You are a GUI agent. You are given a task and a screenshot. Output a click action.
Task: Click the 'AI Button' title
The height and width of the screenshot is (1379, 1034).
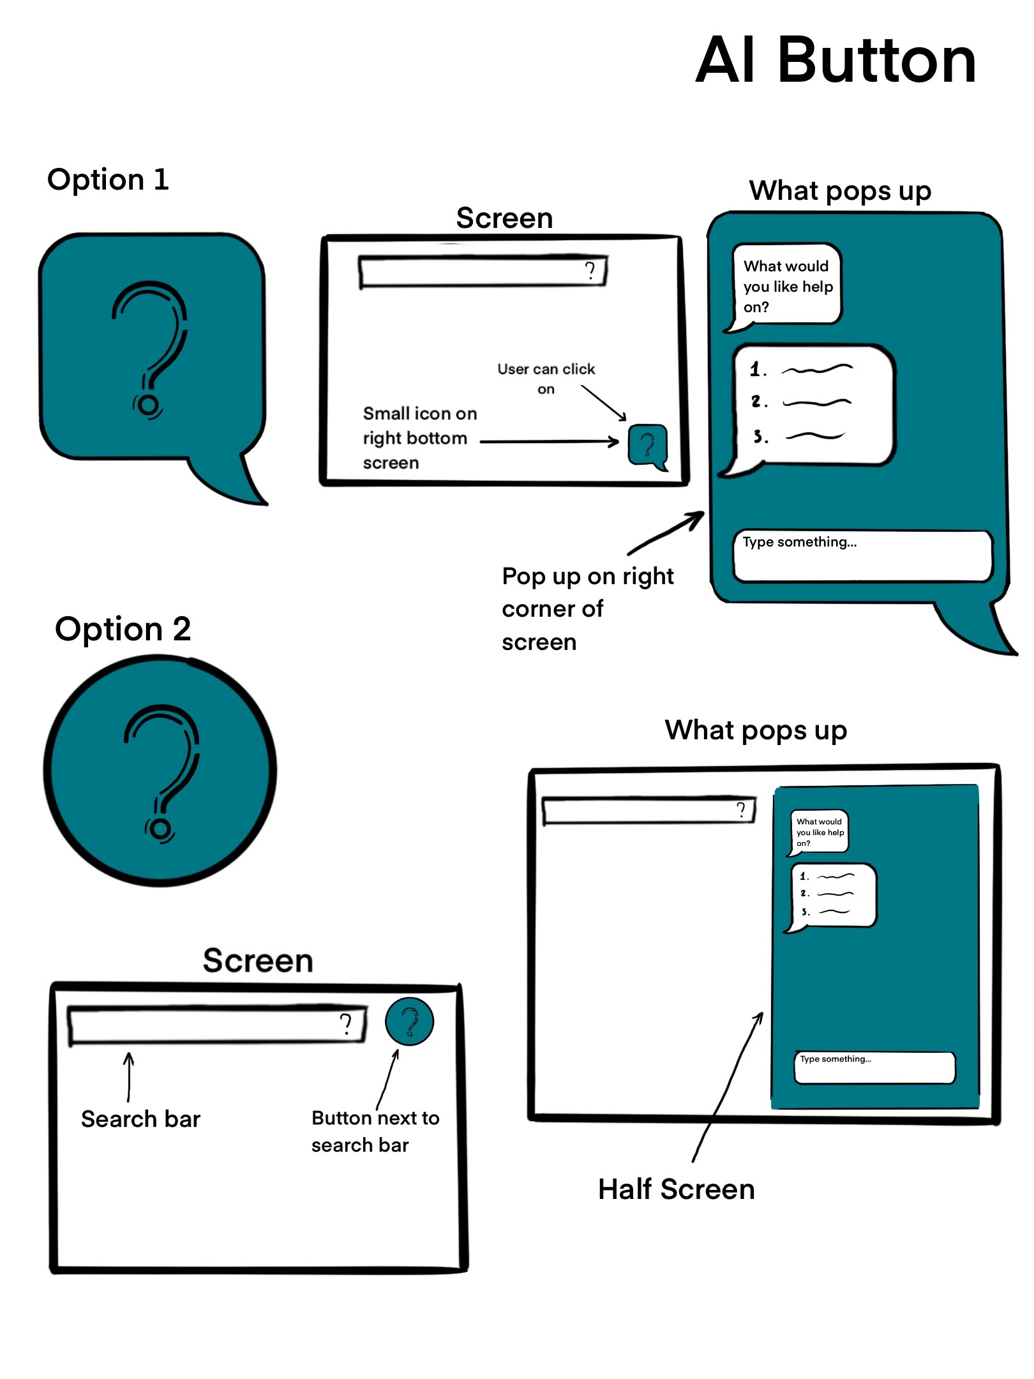(835, 61)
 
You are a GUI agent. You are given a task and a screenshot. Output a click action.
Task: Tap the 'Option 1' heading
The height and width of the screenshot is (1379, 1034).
(108, 179)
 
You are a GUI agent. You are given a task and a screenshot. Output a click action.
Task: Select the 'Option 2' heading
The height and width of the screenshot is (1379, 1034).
(123, 629)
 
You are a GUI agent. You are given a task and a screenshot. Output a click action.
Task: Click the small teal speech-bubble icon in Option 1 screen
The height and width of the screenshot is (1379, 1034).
(647, 445)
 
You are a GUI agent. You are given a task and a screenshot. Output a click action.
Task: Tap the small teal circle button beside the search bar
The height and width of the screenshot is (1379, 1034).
(409, 1021)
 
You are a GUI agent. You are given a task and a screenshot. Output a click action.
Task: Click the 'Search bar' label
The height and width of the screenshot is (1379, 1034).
(140, 1119)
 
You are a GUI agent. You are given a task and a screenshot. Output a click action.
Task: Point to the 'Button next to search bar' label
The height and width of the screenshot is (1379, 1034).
(375, 1131)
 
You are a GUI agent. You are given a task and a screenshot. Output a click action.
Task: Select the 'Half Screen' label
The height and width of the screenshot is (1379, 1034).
(676, 1189)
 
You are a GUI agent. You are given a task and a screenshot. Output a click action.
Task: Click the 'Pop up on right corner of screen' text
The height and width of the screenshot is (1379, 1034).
(587, 608)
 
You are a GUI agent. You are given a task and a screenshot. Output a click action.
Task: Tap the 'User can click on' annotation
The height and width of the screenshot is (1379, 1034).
(546, 378)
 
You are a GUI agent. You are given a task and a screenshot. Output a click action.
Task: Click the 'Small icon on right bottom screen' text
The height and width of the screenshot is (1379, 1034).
(419, 438)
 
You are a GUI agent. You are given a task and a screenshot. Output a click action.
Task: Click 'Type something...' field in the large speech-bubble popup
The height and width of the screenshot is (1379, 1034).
(862, 555)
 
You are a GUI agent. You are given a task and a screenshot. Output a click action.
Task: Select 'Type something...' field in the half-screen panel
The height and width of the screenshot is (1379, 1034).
(874, 1067)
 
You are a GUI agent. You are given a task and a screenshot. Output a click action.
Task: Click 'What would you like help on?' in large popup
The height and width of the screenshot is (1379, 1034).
(788, 286)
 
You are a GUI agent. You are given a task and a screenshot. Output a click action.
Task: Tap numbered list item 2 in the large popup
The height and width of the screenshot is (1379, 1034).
(801, 402)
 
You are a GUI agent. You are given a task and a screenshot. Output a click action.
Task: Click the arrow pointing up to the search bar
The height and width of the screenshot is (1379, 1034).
(129, 1076)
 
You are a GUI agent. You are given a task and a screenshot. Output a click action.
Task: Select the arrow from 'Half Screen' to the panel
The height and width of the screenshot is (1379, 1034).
(728, 1085)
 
